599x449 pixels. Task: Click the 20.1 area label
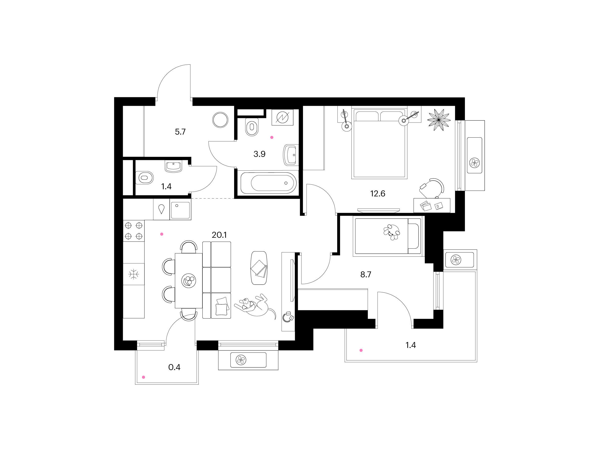point(219,235)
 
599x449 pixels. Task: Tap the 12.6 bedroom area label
point(377,194)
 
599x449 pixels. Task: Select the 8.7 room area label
point(366,274)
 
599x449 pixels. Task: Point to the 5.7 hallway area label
point(180,132)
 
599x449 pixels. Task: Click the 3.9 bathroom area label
point(259,154)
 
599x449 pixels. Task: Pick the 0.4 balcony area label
point(174,367)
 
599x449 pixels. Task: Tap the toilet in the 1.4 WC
point(144,178)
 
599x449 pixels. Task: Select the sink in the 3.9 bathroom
point(291,155)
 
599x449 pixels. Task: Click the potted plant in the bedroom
point(439,120)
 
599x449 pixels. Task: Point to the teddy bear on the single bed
point(392,232)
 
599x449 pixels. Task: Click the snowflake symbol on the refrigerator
point(134,274)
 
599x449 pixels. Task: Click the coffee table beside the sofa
point(259,268)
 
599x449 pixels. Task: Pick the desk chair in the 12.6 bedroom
point(432,188)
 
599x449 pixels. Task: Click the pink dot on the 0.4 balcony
point(144,377)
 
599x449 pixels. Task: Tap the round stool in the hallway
point(220,120)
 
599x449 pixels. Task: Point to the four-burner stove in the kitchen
point(134,230)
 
